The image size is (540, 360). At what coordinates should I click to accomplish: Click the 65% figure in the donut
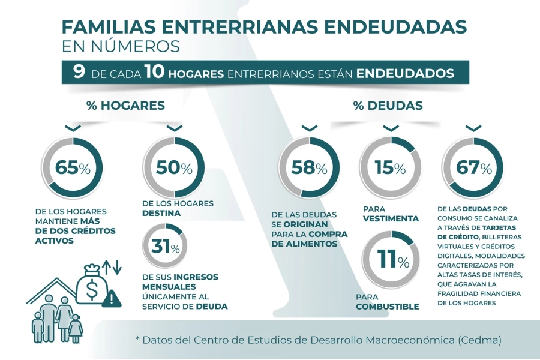click(x=72, y=168)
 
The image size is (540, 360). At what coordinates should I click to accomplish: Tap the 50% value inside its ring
click(x=174, y=168)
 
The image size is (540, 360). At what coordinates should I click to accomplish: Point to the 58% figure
click(x=309, y=168)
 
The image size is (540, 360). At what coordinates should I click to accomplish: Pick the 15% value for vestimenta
click(x=391, y=168)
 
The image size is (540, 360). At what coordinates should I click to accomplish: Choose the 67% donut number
click(x=473, y=168)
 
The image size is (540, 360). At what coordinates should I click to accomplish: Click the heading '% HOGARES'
click(x=125, y=106)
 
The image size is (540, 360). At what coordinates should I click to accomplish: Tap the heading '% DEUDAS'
click(x=388, y=106)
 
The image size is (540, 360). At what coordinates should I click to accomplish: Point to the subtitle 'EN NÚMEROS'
click(x=120, y=46)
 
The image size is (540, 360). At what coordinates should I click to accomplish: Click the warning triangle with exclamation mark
click(x=111, y=299)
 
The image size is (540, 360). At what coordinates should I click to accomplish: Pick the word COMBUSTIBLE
click(x=387, y=307)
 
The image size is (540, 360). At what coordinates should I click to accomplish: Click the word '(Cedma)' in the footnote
click(x=479, y=340)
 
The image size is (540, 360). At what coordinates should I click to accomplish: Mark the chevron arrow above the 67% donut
click(x=473, y=128)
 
